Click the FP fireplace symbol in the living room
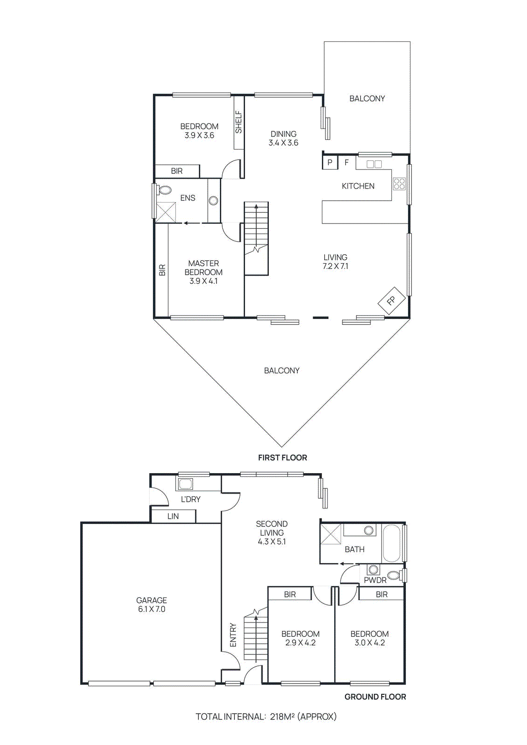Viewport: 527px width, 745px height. click(x=391, y=300)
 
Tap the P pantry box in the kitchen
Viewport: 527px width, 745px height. click(x=330, y=163)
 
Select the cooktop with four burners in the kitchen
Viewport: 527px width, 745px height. click(x=399, y=184)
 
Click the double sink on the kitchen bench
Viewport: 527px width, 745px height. click(x=374, y=164)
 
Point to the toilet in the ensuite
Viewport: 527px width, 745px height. click(x=164, y=190)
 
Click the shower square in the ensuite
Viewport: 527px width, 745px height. click(x=165, y=212)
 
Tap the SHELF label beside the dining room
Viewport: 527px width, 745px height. click(x=239, y=122)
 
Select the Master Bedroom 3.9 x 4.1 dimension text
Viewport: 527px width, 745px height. click(x=203, y=281)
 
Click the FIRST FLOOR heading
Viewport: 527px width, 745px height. click(x=282, y=458)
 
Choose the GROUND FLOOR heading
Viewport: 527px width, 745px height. click(x=375, y=697)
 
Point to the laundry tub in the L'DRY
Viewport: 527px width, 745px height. click(x=185, y=484)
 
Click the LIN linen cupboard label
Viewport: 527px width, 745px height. click(x=173, y=516)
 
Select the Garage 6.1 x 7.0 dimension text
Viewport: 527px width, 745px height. click(x=151, y=609)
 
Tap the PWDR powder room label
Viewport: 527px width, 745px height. click(x=375, y=580)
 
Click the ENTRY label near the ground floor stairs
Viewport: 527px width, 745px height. click(x=233, y=635)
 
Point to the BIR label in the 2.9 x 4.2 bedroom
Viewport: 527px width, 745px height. click(x=290, y=594)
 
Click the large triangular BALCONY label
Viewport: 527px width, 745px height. click(x=281, y=371)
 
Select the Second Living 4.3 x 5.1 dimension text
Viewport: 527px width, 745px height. click(x=272, y=542)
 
